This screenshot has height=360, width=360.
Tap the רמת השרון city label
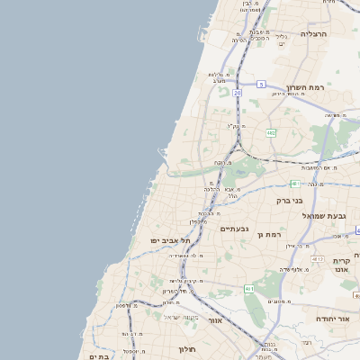coord(306,88)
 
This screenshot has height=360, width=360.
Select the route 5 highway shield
coord(261,84)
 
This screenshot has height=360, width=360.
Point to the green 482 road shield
coord(271,132)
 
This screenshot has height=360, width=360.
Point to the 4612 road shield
coord(317,259)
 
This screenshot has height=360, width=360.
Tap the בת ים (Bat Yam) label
coord(98,356)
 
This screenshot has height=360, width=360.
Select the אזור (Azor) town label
coord(214,319)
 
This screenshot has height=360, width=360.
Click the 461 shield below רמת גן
coord(248,289)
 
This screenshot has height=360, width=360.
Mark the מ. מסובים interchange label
coord(280,302)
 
